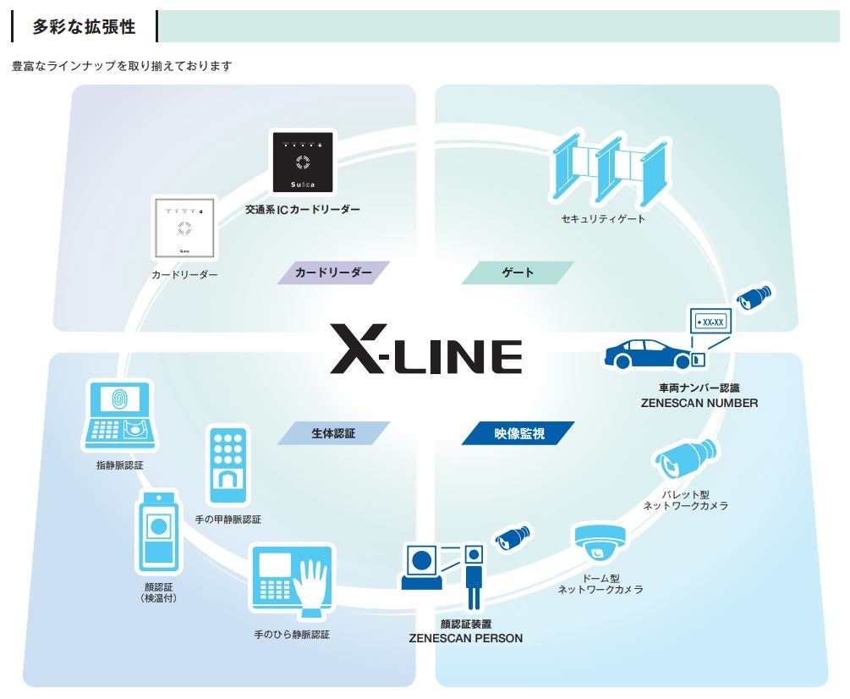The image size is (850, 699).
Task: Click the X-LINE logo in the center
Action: [425, 349]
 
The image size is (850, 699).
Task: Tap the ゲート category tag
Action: [518, 272]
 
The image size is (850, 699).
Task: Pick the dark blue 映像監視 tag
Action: [518, 433]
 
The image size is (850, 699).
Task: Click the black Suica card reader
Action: [303, 162]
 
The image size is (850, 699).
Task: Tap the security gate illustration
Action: [607, 173]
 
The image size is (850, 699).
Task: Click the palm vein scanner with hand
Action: [291, 579]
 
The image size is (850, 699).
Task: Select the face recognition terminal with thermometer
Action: [158, 532]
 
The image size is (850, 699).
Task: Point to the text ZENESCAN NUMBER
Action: [699, 403]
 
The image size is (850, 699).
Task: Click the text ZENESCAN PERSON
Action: [465, 638]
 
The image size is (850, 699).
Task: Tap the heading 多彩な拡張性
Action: [84, 27]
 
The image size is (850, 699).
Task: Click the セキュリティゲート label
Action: [603, 219]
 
